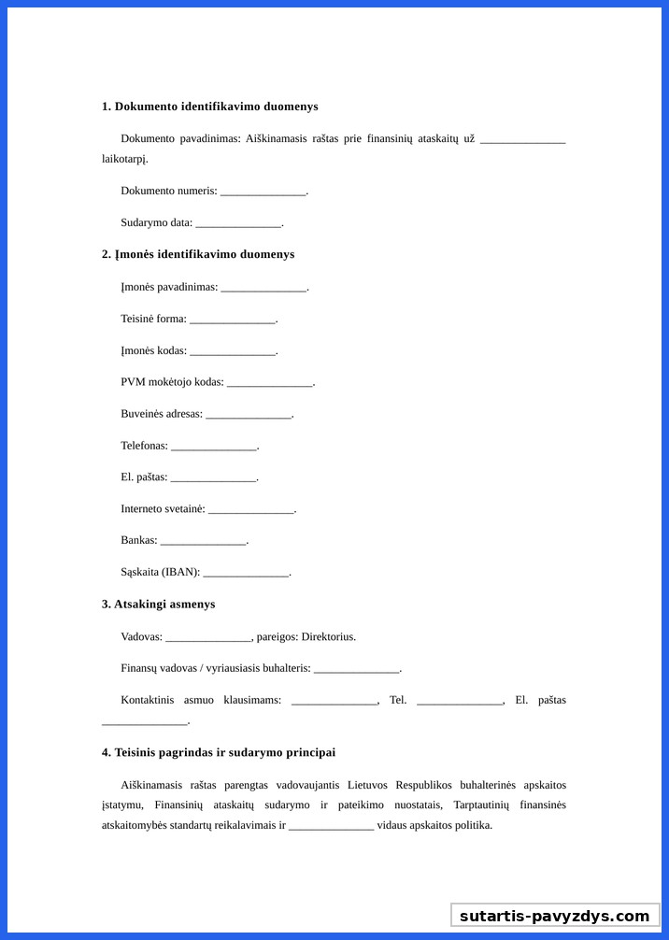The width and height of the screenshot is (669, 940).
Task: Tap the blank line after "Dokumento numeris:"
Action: [x=263, y=192]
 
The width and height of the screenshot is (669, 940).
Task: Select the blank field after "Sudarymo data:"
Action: [x=238, y=224]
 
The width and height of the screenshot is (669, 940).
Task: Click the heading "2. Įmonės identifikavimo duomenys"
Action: [x=198, y=254]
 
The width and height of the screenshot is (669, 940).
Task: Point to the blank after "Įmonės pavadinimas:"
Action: [x=263, y=288]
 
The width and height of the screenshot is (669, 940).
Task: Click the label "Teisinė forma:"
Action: [x=153, y=319]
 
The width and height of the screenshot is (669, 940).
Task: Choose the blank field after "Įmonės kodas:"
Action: [x=233, y=352]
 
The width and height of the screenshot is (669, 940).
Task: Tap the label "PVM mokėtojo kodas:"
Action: [x=172, y=382]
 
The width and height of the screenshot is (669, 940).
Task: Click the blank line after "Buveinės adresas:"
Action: [x=249, y=416]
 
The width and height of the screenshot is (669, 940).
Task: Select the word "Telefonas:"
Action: [x=144, y=446]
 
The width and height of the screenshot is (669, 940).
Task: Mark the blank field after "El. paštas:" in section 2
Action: [x=213, y=478]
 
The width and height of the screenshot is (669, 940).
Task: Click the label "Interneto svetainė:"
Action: [x=163, y=509]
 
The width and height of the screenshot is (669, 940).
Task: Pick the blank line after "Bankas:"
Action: [x=203, y=542]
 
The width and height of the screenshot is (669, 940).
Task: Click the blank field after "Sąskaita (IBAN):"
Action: [x=246, y=574]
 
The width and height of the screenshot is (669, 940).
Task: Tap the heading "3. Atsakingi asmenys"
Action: [x=159, y=605]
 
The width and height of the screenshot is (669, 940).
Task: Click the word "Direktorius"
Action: [x=327, y=637]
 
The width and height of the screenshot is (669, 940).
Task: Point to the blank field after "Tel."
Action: [x=460, y=702]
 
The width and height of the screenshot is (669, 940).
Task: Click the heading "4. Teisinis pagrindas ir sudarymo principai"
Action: [x=219, y=752]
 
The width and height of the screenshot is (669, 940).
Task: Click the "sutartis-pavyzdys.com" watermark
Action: [x=554, y=916]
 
